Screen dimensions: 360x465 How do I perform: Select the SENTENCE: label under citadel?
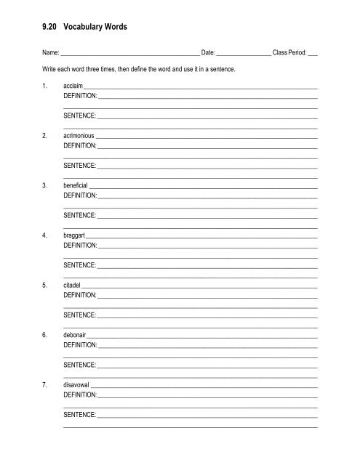(x=80, y=315)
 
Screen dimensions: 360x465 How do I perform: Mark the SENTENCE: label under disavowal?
(x=80, y=414)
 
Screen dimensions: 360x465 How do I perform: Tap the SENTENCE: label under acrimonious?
(x=80, y=165)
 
